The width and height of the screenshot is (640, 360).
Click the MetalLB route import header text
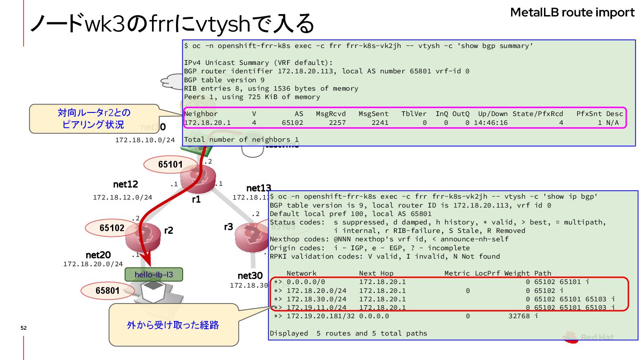tap(572, 12)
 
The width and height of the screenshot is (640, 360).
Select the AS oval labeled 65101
tap(171, 164)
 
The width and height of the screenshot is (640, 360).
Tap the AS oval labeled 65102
tap(112, 228)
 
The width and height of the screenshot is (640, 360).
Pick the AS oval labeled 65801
tap(108, 291)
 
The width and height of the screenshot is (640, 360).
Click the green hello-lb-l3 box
tap(154, 275)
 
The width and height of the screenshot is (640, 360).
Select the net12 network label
tap(125, 184)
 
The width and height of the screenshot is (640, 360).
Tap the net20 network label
tap(98, 255)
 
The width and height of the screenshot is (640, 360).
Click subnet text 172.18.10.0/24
tap(145, 140)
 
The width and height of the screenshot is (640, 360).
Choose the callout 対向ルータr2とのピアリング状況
tap(94, 119)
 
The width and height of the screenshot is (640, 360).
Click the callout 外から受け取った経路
tap(173, 325)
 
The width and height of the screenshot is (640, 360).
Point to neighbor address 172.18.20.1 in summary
tap(207, 123)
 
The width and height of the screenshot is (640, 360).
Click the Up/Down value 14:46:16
tap(491, 123)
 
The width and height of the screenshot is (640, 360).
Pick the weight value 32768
tap(520, 316)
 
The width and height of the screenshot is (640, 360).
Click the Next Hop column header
tap(376, 273)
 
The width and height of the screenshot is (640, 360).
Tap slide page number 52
tap(24, 328)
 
